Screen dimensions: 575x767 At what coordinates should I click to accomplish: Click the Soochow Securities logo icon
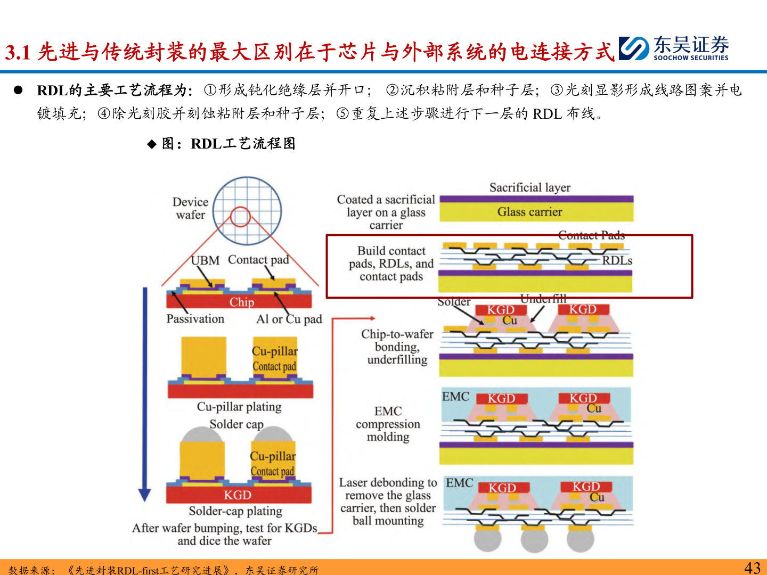(633, 48)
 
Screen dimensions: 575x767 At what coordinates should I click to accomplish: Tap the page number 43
(752, 568)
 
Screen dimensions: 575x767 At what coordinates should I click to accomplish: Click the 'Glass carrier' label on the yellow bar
(529, 212)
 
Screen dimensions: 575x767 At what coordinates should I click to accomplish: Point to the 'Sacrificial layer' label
(529, 187)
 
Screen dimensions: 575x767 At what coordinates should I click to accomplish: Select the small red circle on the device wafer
(240, 217)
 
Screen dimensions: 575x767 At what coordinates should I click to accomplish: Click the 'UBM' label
(206, 260)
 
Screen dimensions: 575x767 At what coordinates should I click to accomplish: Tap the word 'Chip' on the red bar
(241, 302)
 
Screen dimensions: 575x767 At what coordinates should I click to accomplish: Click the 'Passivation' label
(195, 319)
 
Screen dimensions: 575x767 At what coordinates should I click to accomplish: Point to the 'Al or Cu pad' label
(289, 319)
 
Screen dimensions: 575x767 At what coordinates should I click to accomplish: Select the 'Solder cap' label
(236, 424)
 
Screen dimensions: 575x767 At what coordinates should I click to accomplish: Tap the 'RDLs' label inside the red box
(617, 261)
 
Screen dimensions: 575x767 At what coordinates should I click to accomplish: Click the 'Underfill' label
(543, 299)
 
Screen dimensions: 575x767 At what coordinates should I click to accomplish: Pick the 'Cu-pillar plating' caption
(239, 407)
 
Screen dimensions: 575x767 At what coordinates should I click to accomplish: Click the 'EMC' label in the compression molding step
(455, 397)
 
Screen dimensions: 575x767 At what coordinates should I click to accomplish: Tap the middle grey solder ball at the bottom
(534, 541)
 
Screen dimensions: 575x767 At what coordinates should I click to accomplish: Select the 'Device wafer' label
(190, 208)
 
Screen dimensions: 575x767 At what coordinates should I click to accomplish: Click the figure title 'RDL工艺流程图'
(242, 144)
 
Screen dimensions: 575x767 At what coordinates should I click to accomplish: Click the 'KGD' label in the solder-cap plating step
(238, 495)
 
